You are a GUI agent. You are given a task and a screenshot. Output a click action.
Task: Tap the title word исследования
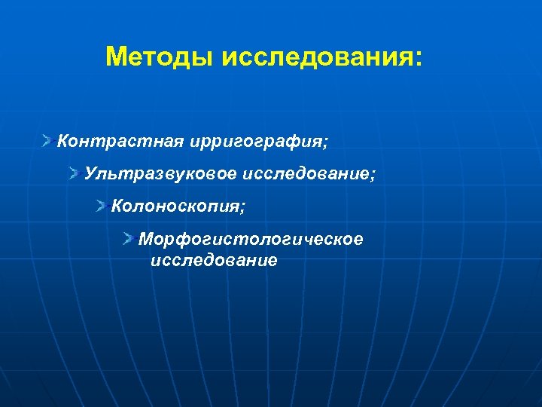pos(314,57)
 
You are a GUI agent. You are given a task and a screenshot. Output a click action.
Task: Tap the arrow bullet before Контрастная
pos(47,140)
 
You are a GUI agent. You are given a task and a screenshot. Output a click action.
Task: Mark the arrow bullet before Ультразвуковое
pos(75,174)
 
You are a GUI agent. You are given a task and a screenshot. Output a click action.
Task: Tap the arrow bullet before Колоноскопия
pos(102,206)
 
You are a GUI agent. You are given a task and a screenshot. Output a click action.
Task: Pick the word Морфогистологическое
pos(251,240)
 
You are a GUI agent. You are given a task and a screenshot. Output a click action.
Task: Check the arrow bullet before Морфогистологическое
pos(129,239)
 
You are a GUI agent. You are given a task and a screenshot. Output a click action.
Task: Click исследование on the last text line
pos(214,261)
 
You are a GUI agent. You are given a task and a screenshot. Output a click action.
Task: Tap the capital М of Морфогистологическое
pos(145,239)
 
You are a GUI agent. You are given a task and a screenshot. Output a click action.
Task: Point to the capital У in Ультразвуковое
pos(90,174)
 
